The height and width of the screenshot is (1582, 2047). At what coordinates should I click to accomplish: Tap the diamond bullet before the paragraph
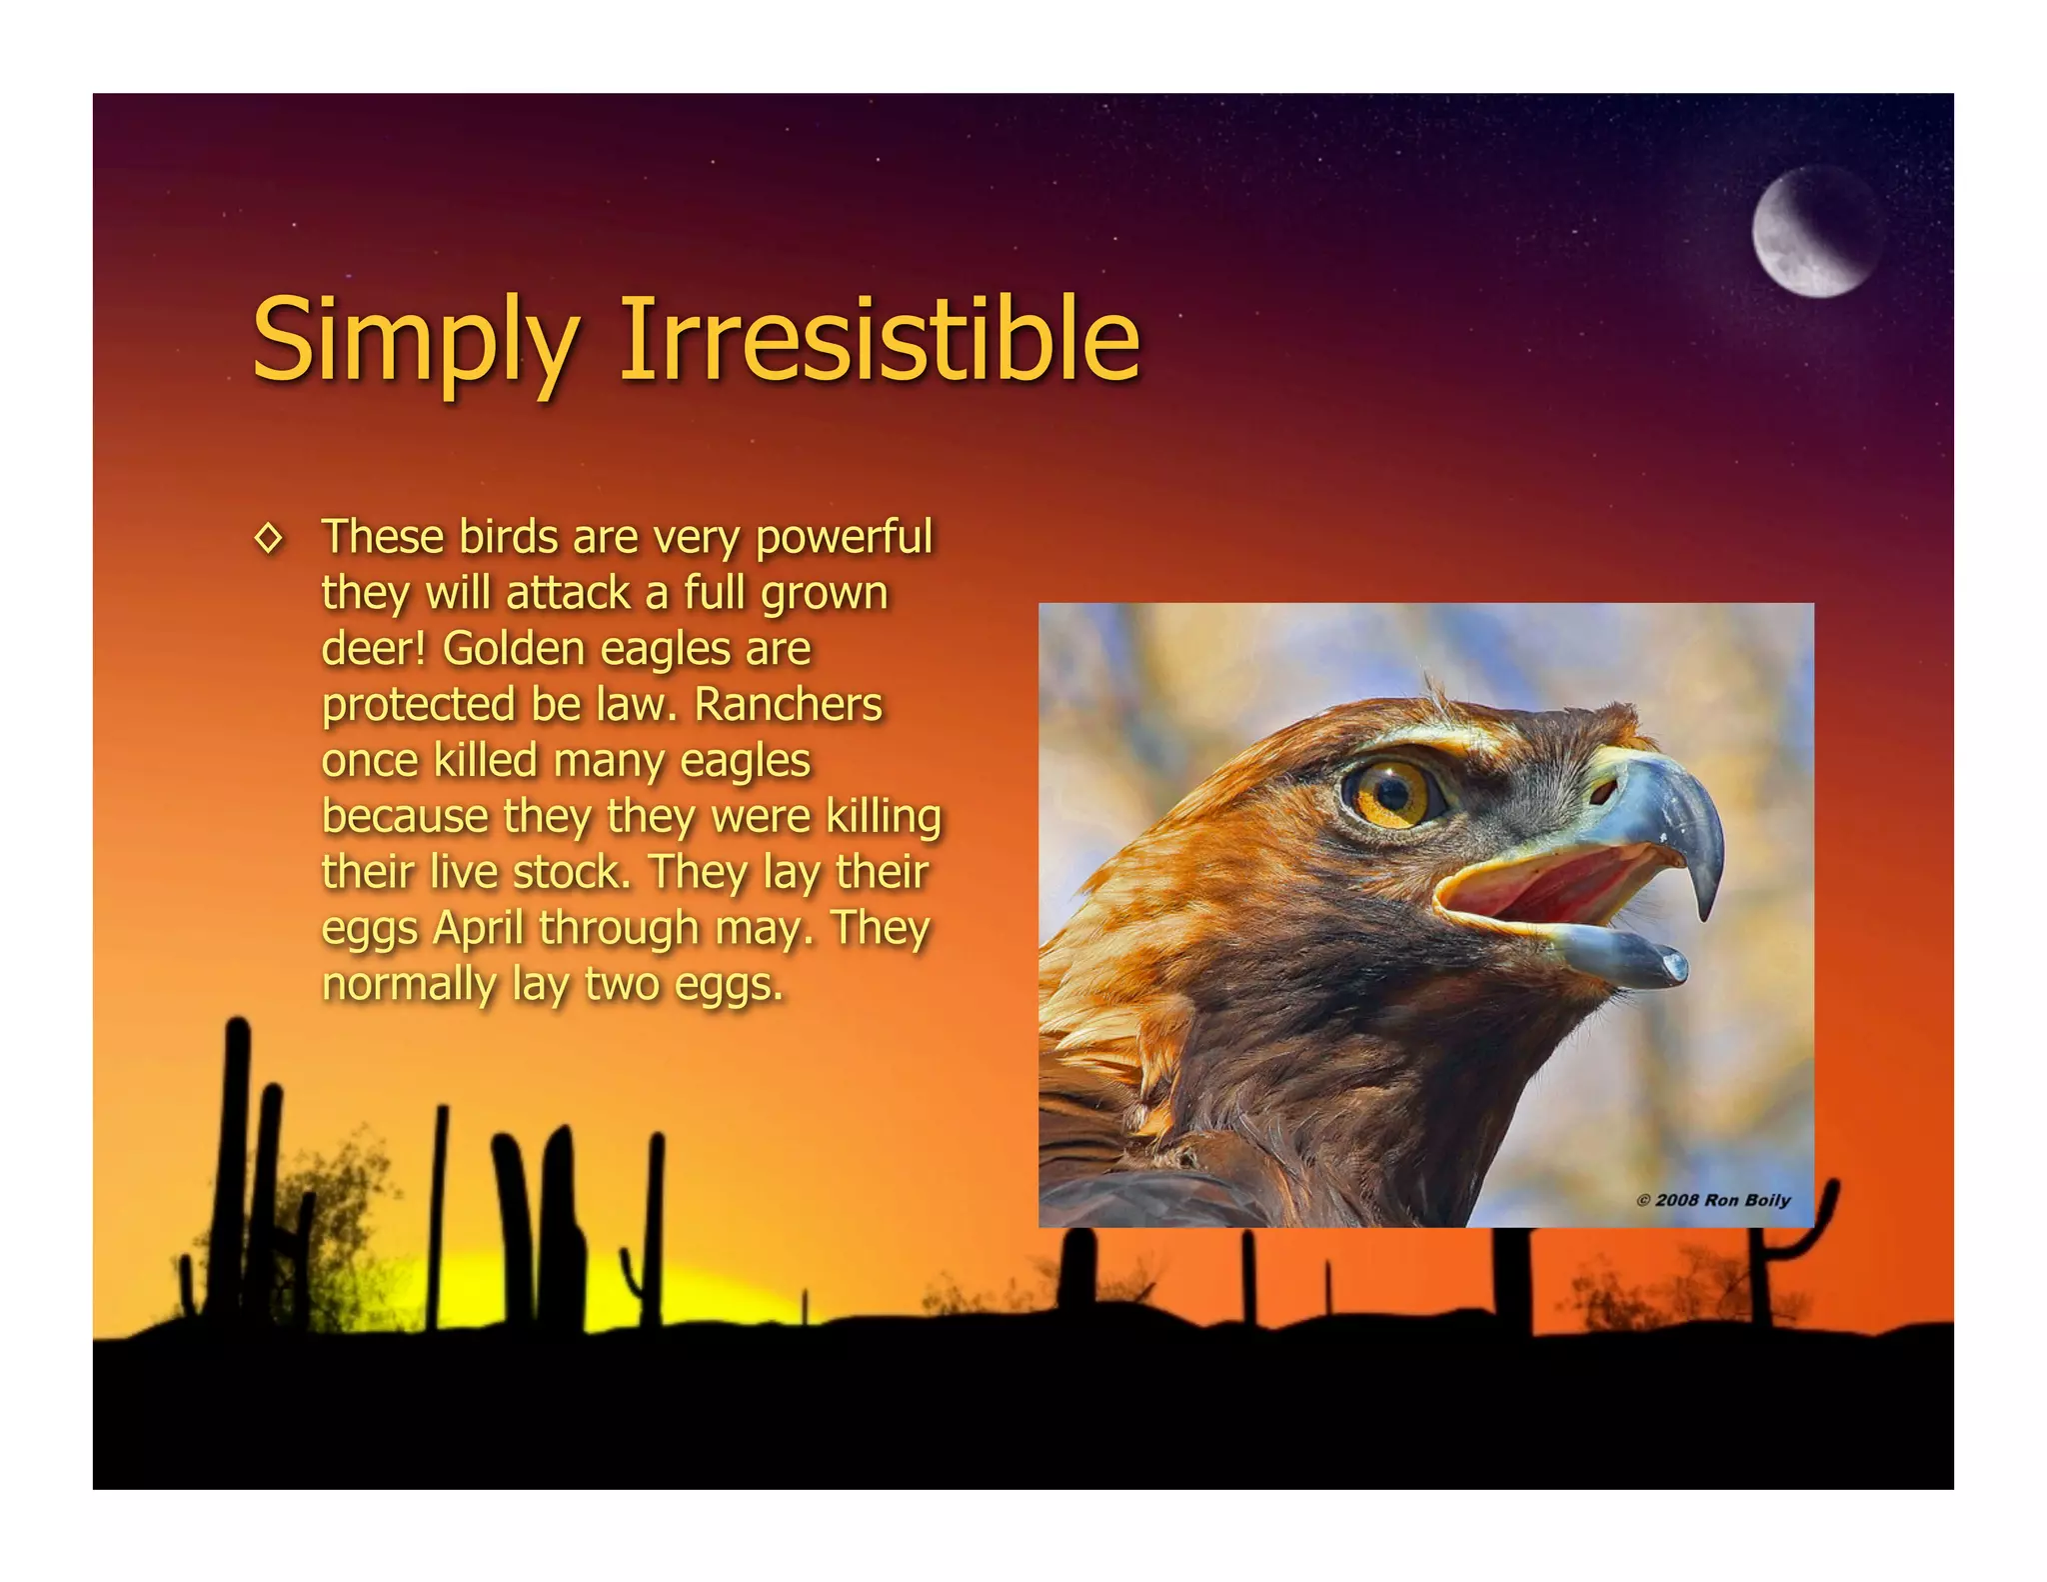pyautogui.click(x=269, y=539)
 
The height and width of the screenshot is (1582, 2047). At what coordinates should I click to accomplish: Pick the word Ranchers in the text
pyautogui.click(x=789, y=704)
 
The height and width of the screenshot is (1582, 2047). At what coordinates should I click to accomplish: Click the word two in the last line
pyautogui.click(x=622, y=984)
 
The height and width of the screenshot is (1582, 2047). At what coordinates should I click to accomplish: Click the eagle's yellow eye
pyautogui.click(x=1393, y=792)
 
